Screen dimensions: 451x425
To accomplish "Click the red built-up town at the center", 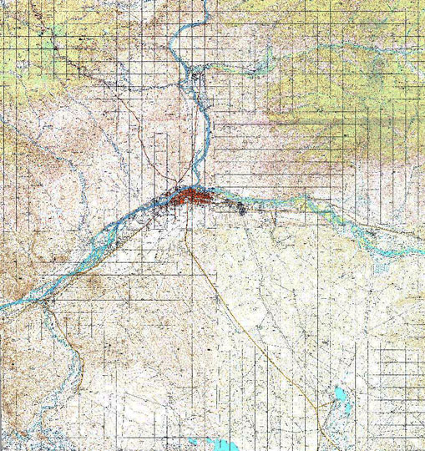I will click(187, 198).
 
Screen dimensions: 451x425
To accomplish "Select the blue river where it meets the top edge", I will click(178, 3).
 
